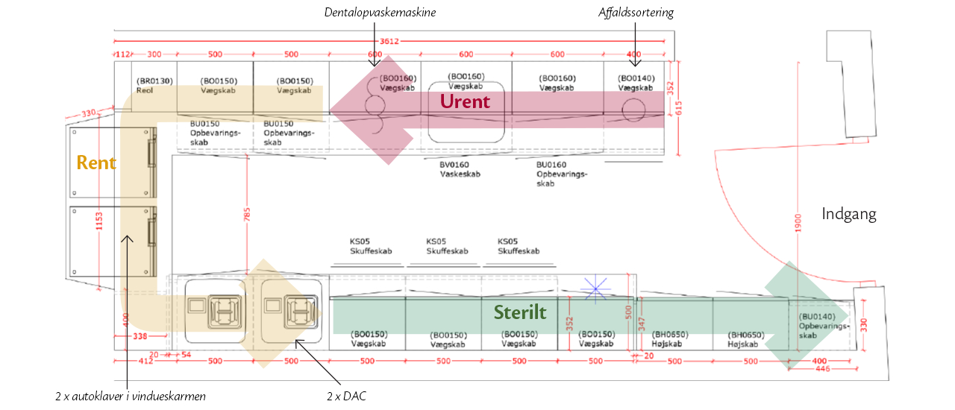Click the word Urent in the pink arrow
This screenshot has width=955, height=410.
point(465,101)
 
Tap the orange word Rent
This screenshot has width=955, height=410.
point(97,162)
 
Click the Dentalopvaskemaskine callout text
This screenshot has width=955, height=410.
point(380,13)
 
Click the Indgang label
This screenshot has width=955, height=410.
point(849,215)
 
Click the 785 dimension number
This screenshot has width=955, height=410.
point(247,215)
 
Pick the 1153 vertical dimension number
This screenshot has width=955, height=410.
point(99,224)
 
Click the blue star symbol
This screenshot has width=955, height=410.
point(595,289)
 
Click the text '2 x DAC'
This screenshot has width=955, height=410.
point(346,396)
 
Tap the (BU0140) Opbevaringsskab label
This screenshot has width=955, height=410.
point(823,326)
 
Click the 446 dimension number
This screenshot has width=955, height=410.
point(823,370)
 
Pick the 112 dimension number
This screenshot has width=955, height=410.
point(123,54)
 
